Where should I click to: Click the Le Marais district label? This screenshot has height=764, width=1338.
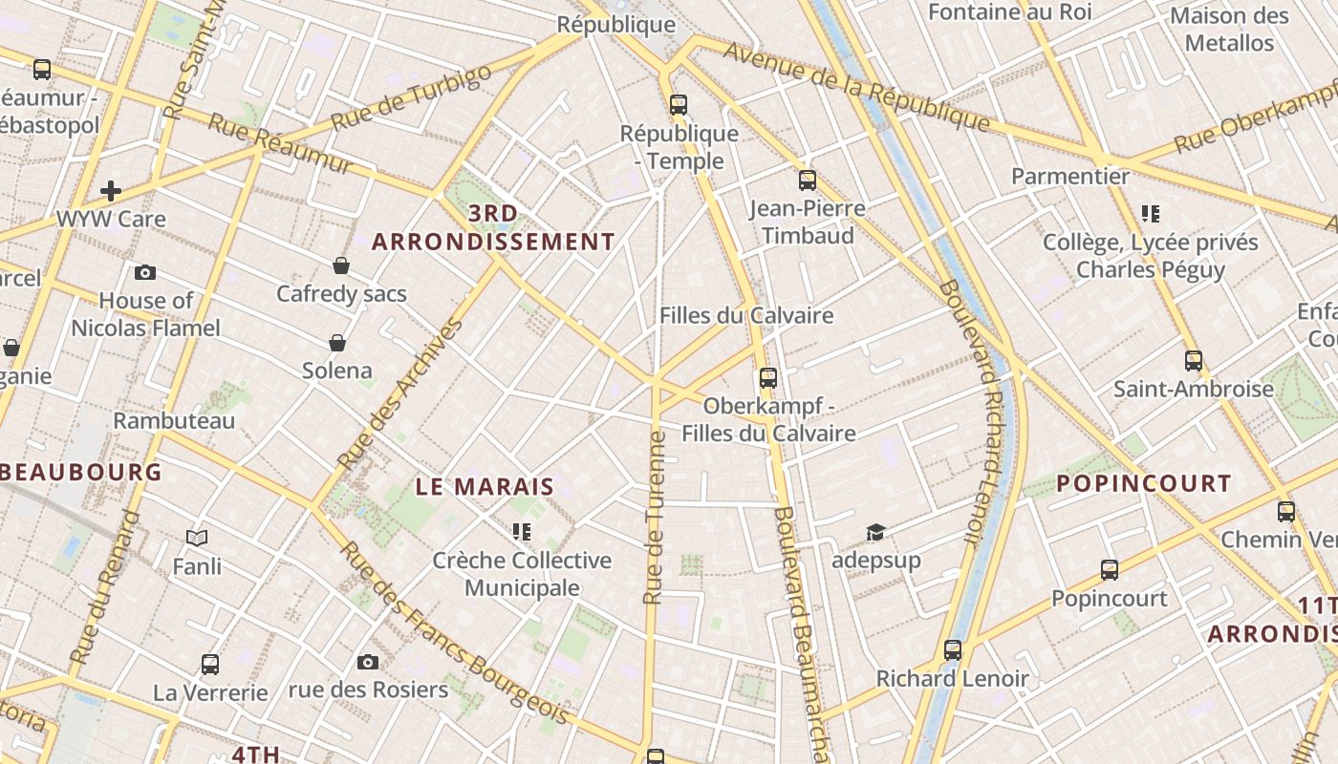[485, 486]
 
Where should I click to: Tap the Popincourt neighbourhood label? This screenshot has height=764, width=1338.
[1143, 483]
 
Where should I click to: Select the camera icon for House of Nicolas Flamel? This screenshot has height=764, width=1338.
[145, 273]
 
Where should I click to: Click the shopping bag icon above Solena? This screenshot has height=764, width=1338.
[337, 343]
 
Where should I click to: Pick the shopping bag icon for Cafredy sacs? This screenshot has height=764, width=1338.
[341, 265]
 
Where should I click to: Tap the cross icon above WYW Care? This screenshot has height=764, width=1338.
[111, 191]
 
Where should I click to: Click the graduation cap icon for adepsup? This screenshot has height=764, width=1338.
[875, 532]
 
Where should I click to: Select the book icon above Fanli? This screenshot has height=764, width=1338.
[197, 539]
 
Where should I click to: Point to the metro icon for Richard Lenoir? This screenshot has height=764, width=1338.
[953, 650]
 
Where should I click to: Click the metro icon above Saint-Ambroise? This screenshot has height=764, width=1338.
[1194, 361]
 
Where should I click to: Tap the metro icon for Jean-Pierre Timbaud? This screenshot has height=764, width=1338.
[808, 180]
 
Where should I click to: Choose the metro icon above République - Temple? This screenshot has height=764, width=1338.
[679, 105]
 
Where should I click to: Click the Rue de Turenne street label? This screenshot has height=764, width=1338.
[655, 518]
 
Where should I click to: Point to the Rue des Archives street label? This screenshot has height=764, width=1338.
[400, 393]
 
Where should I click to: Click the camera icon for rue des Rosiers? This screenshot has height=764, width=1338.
[368, 662]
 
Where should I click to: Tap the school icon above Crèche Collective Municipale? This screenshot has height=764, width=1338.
[521, 532]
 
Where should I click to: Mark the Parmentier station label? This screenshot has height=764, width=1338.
[1070, 177]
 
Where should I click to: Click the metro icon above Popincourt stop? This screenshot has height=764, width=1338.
[1110, 570]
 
